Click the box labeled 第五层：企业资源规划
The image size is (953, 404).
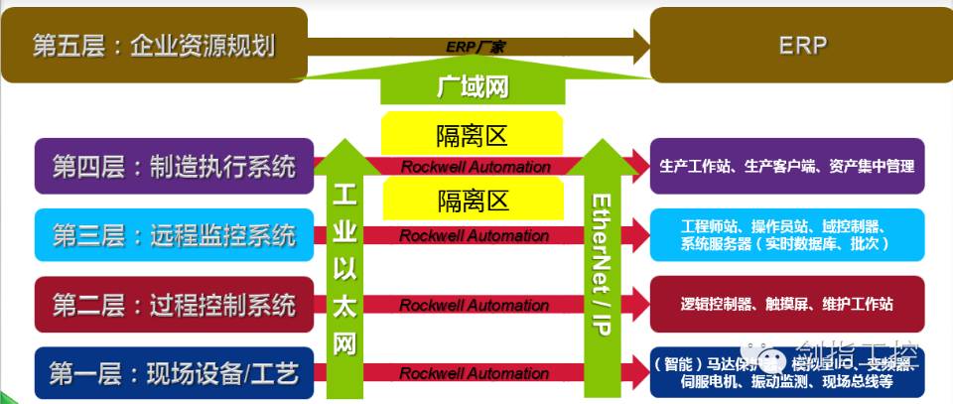pos(154,46)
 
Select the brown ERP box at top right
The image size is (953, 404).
pos(802,46)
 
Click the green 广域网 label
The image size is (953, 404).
pos(473,87)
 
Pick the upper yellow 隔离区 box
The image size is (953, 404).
pos(473,133)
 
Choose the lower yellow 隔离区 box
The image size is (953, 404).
pos(473,201)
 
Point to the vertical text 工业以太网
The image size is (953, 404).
pos(343,268)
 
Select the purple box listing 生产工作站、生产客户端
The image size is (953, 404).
pos(787,166)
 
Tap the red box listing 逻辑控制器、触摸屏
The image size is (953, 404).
pos(787,304)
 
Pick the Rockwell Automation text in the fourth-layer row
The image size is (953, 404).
pos(475,167)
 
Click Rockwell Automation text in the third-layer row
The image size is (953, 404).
pos(475,236)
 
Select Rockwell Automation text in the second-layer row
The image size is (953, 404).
pos(475,305)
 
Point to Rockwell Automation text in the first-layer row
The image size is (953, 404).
pos(475,373)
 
